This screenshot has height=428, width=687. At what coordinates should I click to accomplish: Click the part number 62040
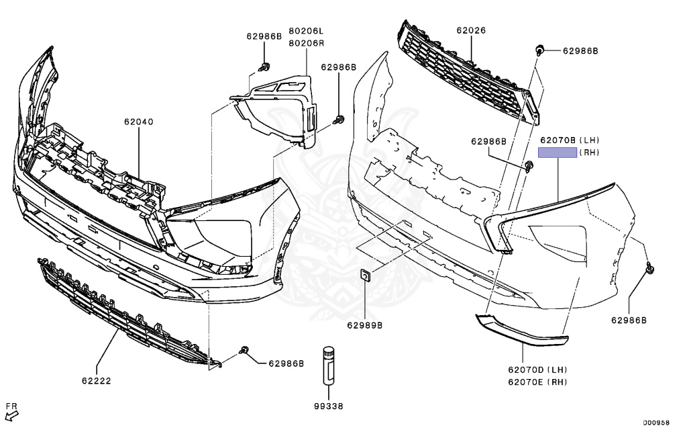[x=138, y=122]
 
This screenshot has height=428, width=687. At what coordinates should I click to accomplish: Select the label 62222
[x=97, y=381]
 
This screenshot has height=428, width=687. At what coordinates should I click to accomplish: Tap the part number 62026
[x=471, y=30]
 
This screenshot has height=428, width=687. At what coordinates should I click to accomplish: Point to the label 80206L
[x=306, y=31]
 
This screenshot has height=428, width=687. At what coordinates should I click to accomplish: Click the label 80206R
[x=306, y=44]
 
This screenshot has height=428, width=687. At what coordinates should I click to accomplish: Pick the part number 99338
[x=329, y=406]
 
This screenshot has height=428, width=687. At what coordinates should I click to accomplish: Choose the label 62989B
[x=364, y=325]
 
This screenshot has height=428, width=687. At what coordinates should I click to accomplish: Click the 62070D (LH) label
[x=537, y=370]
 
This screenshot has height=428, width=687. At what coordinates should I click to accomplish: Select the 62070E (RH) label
[x=537, y=382]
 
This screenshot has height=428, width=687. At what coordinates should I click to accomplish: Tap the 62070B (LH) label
[x=570, y=140]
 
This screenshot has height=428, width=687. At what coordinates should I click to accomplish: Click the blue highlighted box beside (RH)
[x=558, y=153]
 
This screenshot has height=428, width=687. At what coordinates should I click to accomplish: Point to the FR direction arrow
[x=13, y=415]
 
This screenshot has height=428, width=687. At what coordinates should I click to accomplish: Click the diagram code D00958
[x=656, y=423]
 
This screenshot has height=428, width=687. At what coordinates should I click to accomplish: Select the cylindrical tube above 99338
[x=329, y=366]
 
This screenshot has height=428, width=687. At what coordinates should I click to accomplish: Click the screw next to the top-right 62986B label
[x=540, y=50]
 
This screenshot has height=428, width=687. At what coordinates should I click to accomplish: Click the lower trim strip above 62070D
[x=521, y=329]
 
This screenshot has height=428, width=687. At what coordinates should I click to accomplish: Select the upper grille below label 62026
[x=469, y=73]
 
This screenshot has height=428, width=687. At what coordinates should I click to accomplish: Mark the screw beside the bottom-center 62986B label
[x=244, y=350]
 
